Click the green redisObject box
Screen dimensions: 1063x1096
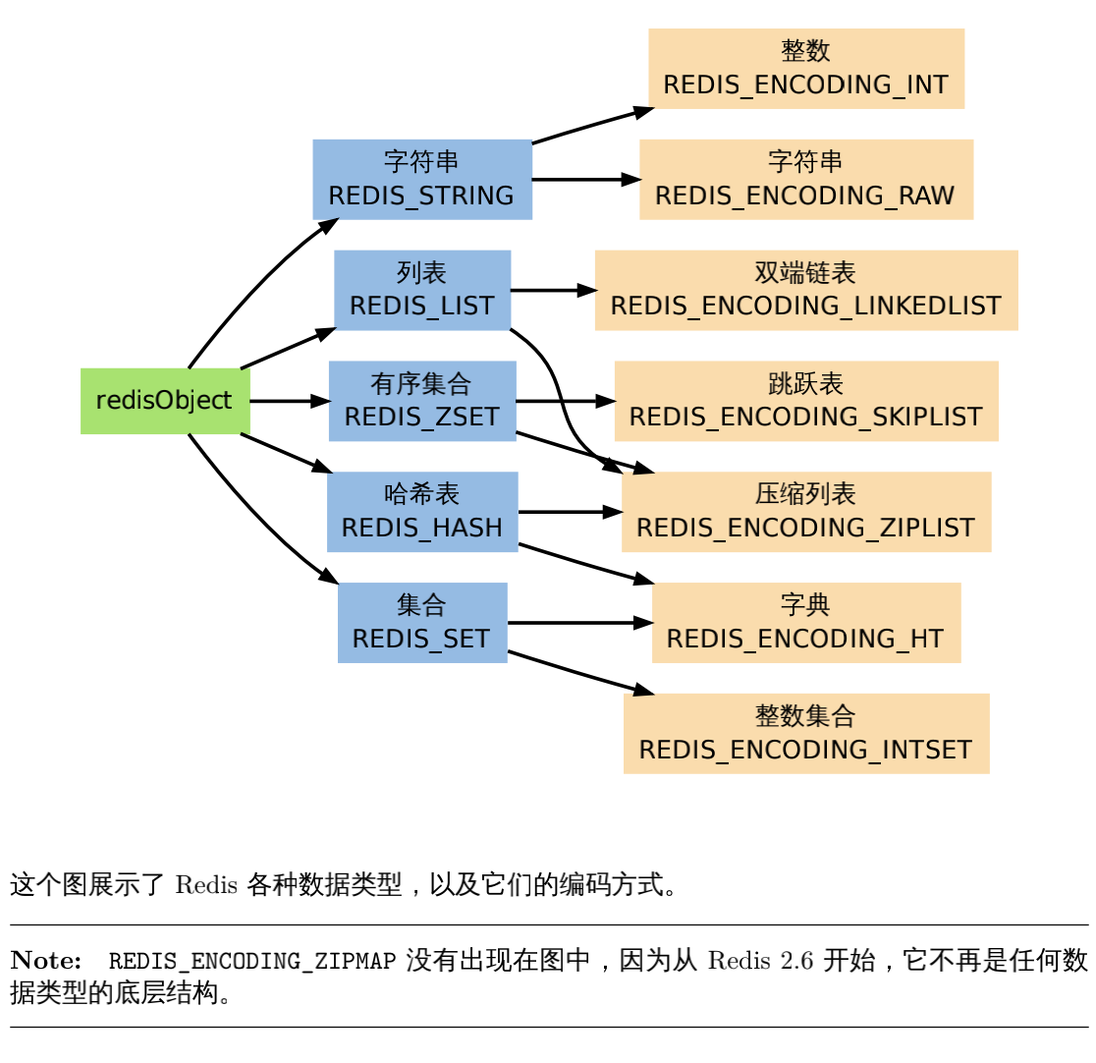[165, 401]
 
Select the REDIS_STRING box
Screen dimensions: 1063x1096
[422, 180]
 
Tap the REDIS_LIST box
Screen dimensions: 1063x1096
[422, 290]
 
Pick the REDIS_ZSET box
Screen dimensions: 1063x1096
[422, 401]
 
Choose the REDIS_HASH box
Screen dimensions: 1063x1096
[422, 512]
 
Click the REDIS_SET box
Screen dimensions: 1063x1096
[422, 623]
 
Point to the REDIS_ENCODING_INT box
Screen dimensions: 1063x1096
[806, 69]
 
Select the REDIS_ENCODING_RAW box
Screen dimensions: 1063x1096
[806, 180]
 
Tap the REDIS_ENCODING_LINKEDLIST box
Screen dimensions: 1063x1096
[806, 290]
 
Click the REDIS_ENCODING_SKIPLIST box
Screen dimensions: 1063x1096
[806, 401]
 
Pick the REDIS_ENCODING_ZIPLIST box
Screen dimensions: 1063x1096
[806, 512]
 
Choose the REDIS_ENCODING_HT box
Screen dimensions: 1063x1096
[806, 623]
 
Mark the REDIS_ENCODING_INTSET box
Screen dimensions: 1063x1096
[806, 734]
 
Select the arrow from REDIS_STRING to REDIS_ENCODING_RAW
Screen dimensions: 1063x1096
[585, 180]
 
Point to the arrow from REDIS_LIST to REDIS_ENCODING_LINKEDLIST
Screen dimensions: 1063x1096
[553, 290]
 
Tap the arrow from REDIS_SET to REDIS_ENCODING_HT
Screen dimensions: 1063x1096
[579, 623]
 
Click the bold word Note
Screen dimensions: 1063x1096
[45, 960]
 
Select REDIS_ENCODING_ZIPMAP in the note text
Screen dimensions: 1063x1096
[251, 961]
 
